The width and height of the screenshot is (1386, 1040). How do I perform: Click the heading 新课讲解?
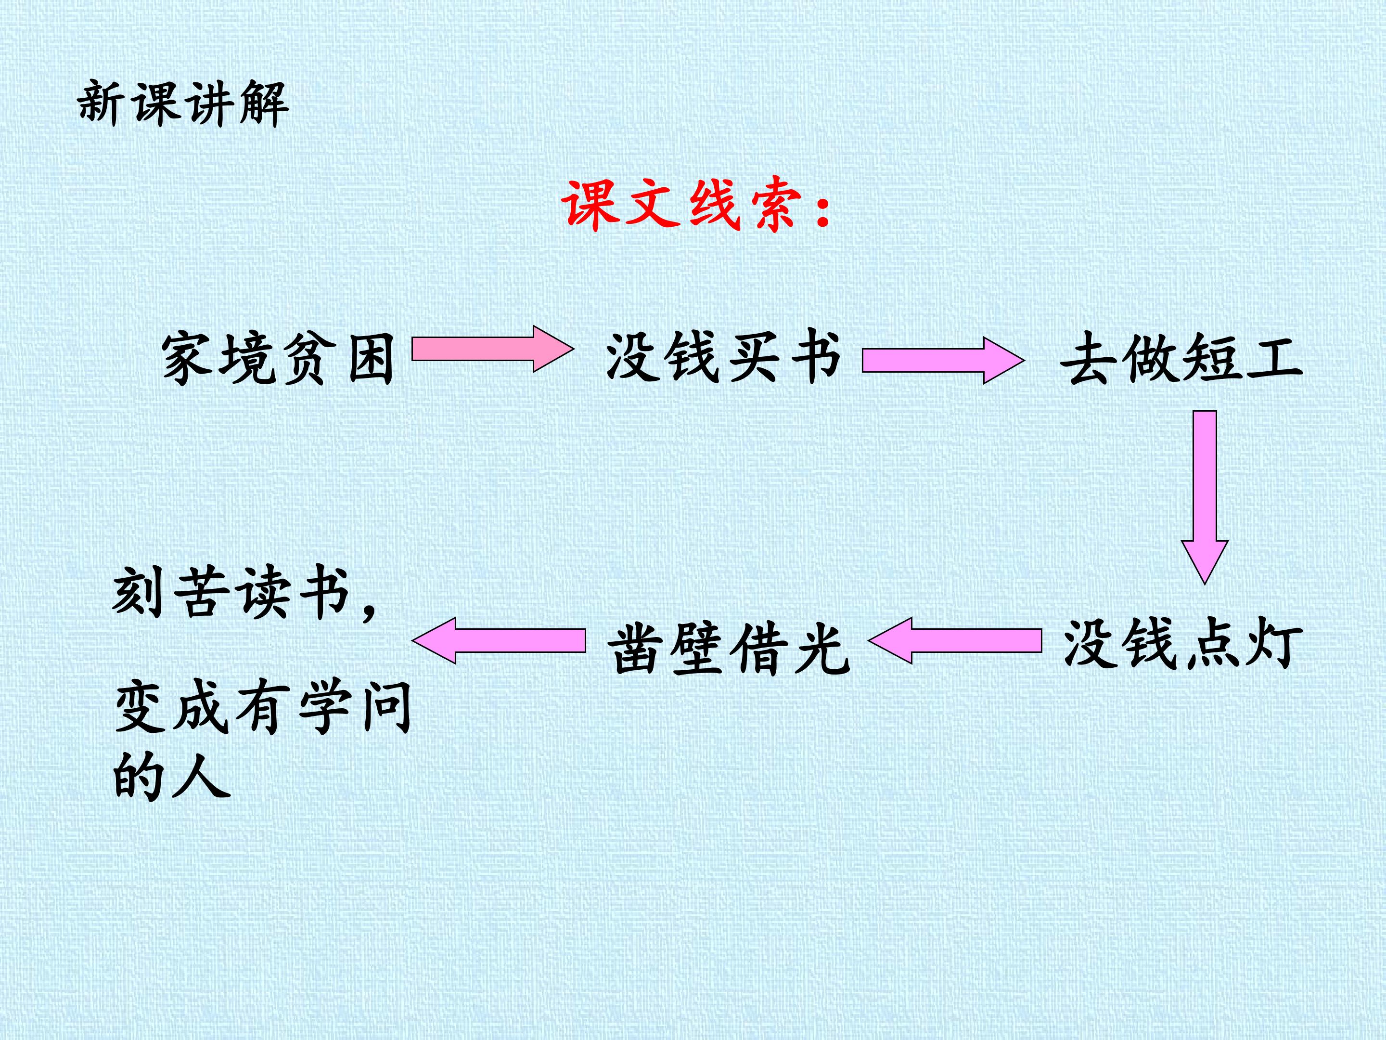click(x=182, y=103)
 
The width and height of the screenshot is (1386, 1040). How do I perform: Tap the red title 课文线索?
click(x=683, y=204)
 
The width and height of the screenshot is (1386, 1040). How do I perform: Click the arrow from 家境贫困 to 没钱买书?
click(x=492, y=349)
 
